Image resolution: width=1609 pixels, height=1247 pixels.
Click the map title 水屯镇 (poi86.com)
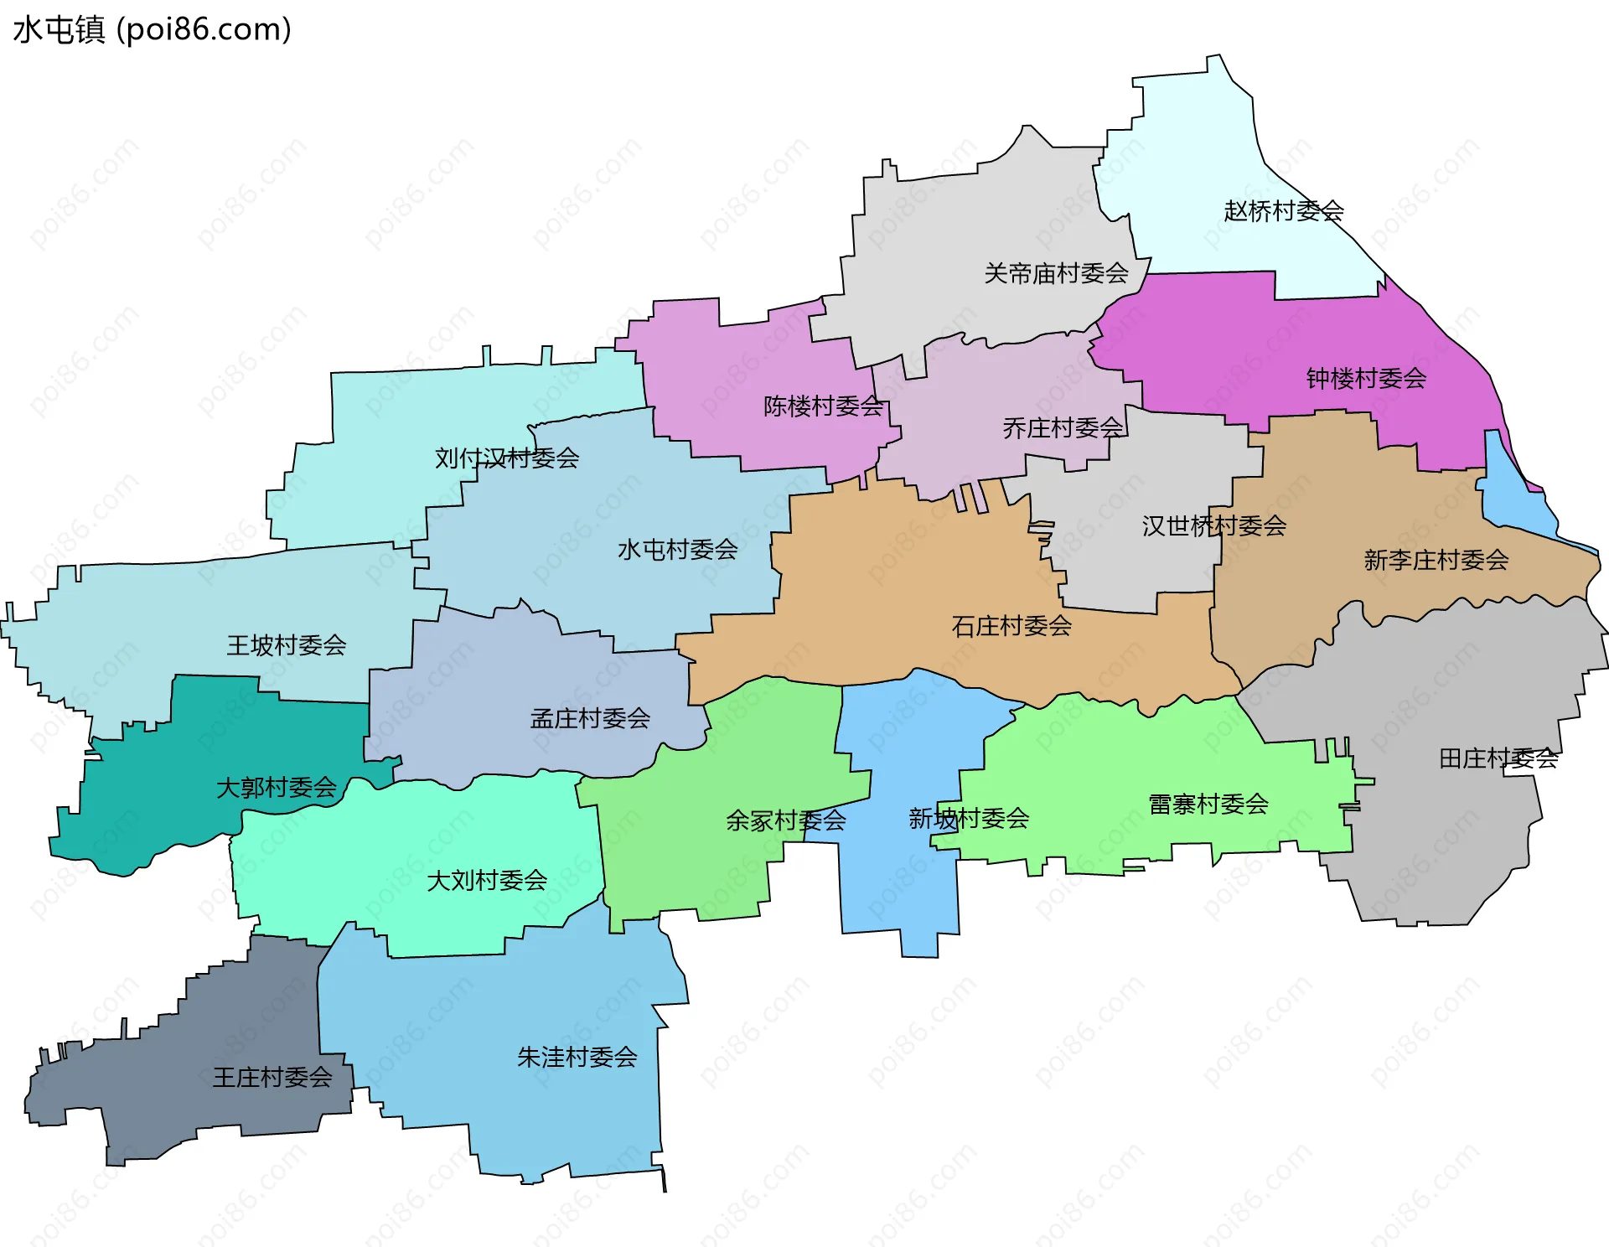click(x=152, y=29)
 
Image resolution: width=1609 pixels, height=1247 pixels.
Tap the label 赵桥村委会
click(x=1283, y=211)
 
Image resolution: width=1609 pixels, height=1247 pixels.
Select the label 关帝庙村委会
click(x=1056, y=273)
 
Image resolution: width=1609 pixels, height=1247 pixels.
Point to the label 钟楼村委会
click(x=1366, y=379)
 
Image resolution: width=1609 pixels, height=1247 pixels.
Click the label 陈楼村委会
click(x=823, y=406)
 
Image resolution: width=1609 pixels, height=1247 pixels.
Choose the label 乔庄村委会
click(x=1063, y=428)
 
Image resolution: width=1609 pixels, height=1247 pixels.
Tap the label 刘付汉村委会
click(x=507, y=458)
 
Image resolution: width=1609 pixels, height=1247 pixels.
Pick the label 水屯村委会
click(x=677, y=550)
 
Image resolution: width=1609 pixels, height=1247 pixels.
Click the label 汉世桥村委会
click(x=1213, y=526)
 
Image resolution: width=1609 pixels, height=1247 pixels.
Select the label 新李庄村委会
click(x=1436, y=560)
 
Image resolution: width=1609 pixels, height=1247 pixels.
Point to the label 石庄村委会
click(x=1011, y=626)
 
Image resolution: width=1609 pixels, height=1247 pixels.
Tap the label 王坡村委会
click(x=286, y=645)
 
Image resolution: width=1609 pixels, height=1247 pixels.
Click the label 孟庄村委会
click(x=590, y=718)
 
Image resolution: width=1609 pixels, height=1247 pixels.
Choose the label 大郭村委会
click(x=276, y=788)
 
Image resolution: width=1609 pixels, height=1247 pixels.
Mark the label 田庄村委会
click(x=1498, y=759)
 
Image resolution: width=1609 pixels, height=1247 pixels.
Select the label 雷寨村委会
click(x=1208, y=805)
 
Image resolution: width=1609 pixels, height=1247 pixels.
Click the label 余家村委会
click(x=785, y=820)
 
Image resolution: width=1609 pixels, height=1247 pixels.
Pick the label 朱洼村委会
click(x=577, y=1058)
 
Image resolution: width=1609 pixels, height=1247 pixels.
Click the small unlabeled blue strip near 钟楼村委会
click(x=1513, y=494)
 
